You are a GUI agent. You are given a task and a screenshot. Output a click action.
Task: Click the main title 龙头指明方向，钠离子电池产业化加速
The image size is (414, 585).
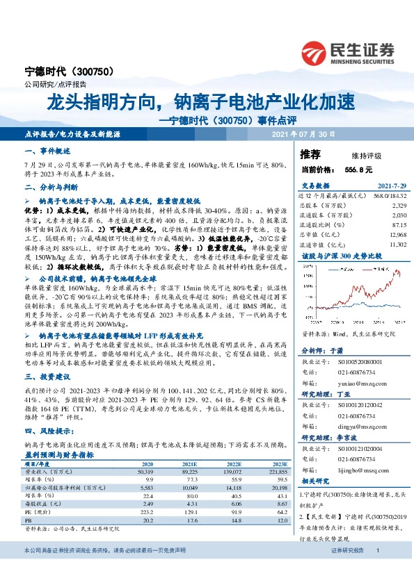pyautogui.click(x=200, y=104)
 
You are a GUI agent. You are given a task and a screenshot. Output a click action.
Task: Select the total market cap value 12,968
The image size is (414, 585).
pyautogui.click(x=396, y=235)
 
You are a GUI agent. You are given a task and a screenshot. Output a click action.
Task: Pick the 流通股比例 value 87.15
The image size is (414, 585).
pyautogui.click(x=398, y=225)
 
